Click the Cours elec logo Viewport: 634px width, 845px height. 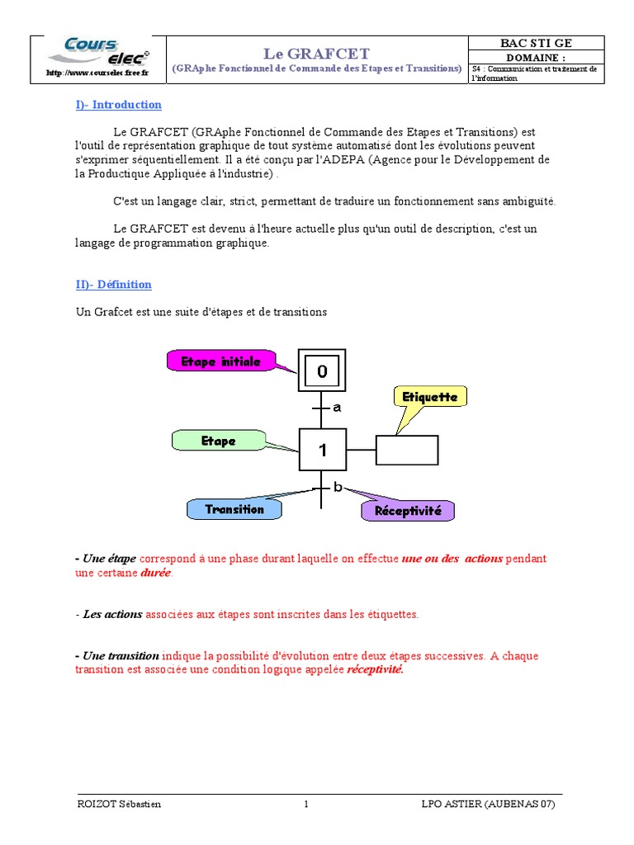tap(97, 52)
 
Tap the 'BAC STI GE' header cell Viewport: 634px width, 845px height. tap(536, 43)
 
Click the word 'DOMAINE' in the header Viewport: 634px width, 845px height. tap(536, 57)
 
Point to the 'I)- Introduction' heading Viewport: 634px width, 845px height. tap(118, 105)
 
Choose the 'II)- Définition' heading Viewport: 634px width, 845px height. tap(114, 285)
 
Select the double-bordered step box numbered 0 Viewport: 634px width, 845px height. tap(322, 371)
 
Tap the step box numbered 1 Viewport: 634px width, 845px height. tap(322, 451)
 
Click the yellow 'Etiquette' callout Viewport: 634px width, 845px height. tap(429, 397)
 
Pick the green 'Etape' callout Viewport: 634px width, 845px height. tap(219, 441)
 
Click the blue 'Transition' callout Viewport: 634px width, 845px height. tap(234, 509)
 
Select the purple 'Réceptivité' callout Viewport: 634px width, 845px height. tap(408, 511)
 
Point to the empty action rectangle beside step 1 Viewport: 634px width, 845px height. tap(407, 451)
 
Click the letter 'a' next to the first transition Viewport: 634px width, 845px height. tap(337, 407)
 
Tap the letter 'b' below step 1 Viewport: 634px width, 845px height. tap(337, 487)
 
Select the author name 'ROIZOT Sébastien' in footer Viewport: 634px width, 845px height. tap(118, 805)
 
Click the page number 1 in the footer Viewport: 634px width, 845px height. tap(305, 805)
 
